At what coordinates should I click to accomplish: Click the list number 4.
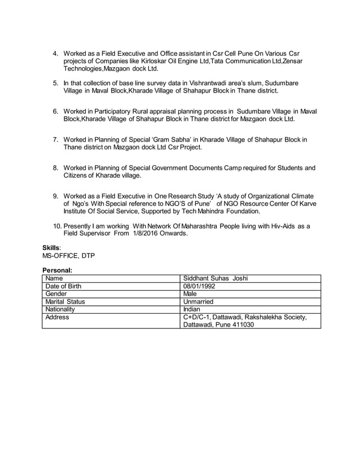[x=55, y=54]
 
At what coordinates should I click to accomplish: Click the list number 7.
[x=55, y=139]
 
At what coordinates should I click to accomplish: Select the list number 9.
[x=55, y=196]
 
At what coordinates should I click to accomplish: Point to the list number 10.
[x=56, y=226]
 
